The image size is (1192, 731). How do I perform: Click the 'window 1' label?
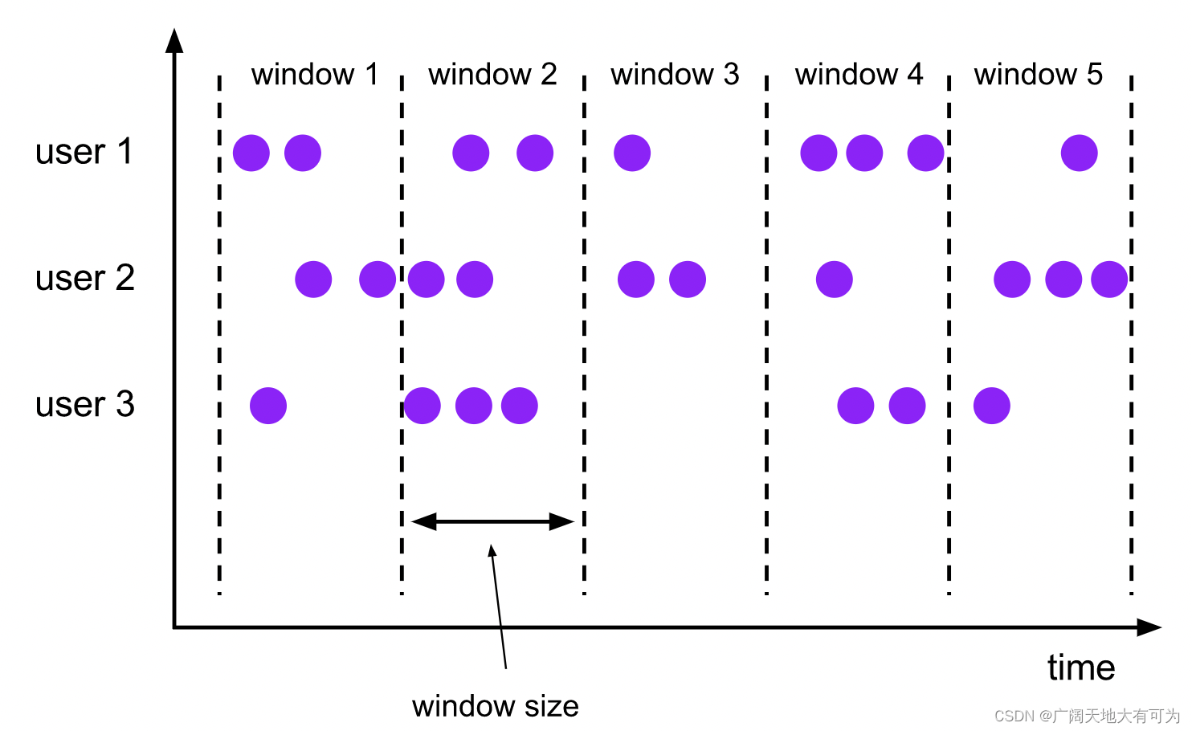pyautogui.click(x=314, y=75)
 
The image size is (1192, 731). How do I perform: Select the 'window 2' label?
pyautogui.click(x=492, y=75)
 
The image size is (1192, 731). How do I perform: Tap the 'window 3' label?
pyautogui.click(x=675, y=75)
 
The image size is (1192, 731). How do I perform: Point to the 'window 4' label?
pyautogui.click(x=859, y=75)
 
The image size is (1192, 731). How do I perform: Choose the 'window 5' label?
pyautogui.click(x=1038, y=75)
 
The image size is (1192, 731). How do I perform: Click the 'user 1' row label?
pyautogui.click(x=84, y=152)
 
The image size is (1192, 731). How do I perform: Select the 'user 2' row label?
pyautogui.click(x=84, y=279)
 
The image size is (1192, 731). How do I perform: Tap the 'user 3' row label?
pyautogui.click(x=84, y=405)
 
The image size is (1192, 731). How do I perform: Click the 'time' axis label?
pyautogui.click(x=1081, y=668)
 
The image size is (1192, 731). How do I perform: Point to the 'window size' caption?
pyautogui.click(x=495, y=706)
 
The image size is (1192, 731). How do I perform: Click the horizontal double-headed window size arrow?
pyautogui.click(x=492, y=522)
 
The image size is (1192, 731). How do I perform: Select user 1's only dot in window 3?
pyautogui.click(x=632, y=153)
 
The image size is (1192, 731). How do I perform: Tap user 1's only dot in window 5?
pyautogui.click(x=1079, y=153)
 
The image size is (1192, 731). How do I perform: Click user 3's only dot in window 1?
pyautogui.click(x=268, y=406)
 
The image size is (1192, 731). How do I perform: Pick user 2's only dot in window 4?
pyautogui.click(x=834, y=280)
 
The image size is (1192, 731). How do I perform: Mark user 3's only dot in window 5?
pyautogui.click(x=991, y=406)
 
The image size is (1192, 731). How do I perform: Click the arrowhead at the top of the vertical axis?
pyautogui.click(x=174, y=40)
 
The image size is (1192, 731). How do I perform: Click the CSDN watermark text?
pyautogui.click(x=1086, y=716)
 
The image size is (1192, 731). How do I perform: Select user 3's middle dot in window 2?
pyautogui.click(x=473, y=406)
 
